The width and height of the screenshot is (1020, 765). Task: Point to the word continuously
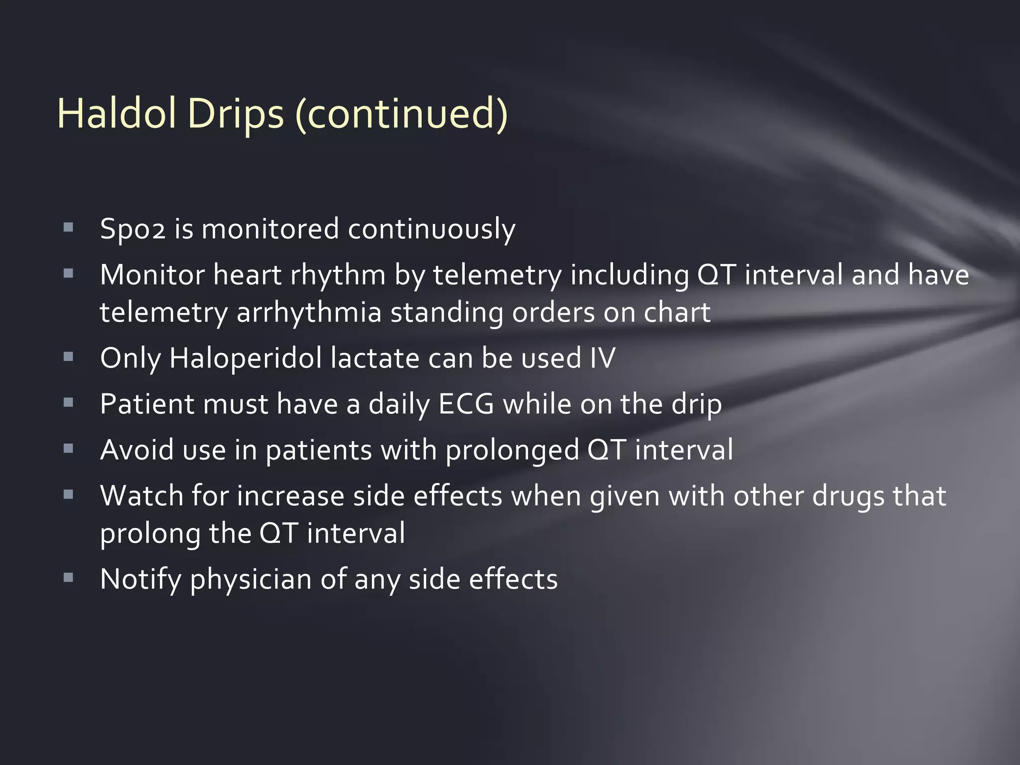click(x=431, y=229)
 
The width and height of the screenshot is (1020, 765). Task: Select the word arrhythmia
click(x=308, y=312)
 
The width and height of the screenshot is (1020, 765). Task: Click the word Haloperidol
click(x=246, y=358)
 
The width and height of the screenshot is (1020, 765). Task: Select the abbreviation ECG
click(x=466, y=404)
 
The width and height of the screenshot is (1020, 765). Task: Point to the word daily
click(x=399, y=404)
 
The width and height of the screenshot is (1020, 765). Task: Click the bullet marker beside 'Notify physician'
click(x=68, y=578)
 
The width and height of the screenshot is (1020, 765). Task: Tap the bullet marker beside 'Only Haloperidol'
click(x=68, y=357)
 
